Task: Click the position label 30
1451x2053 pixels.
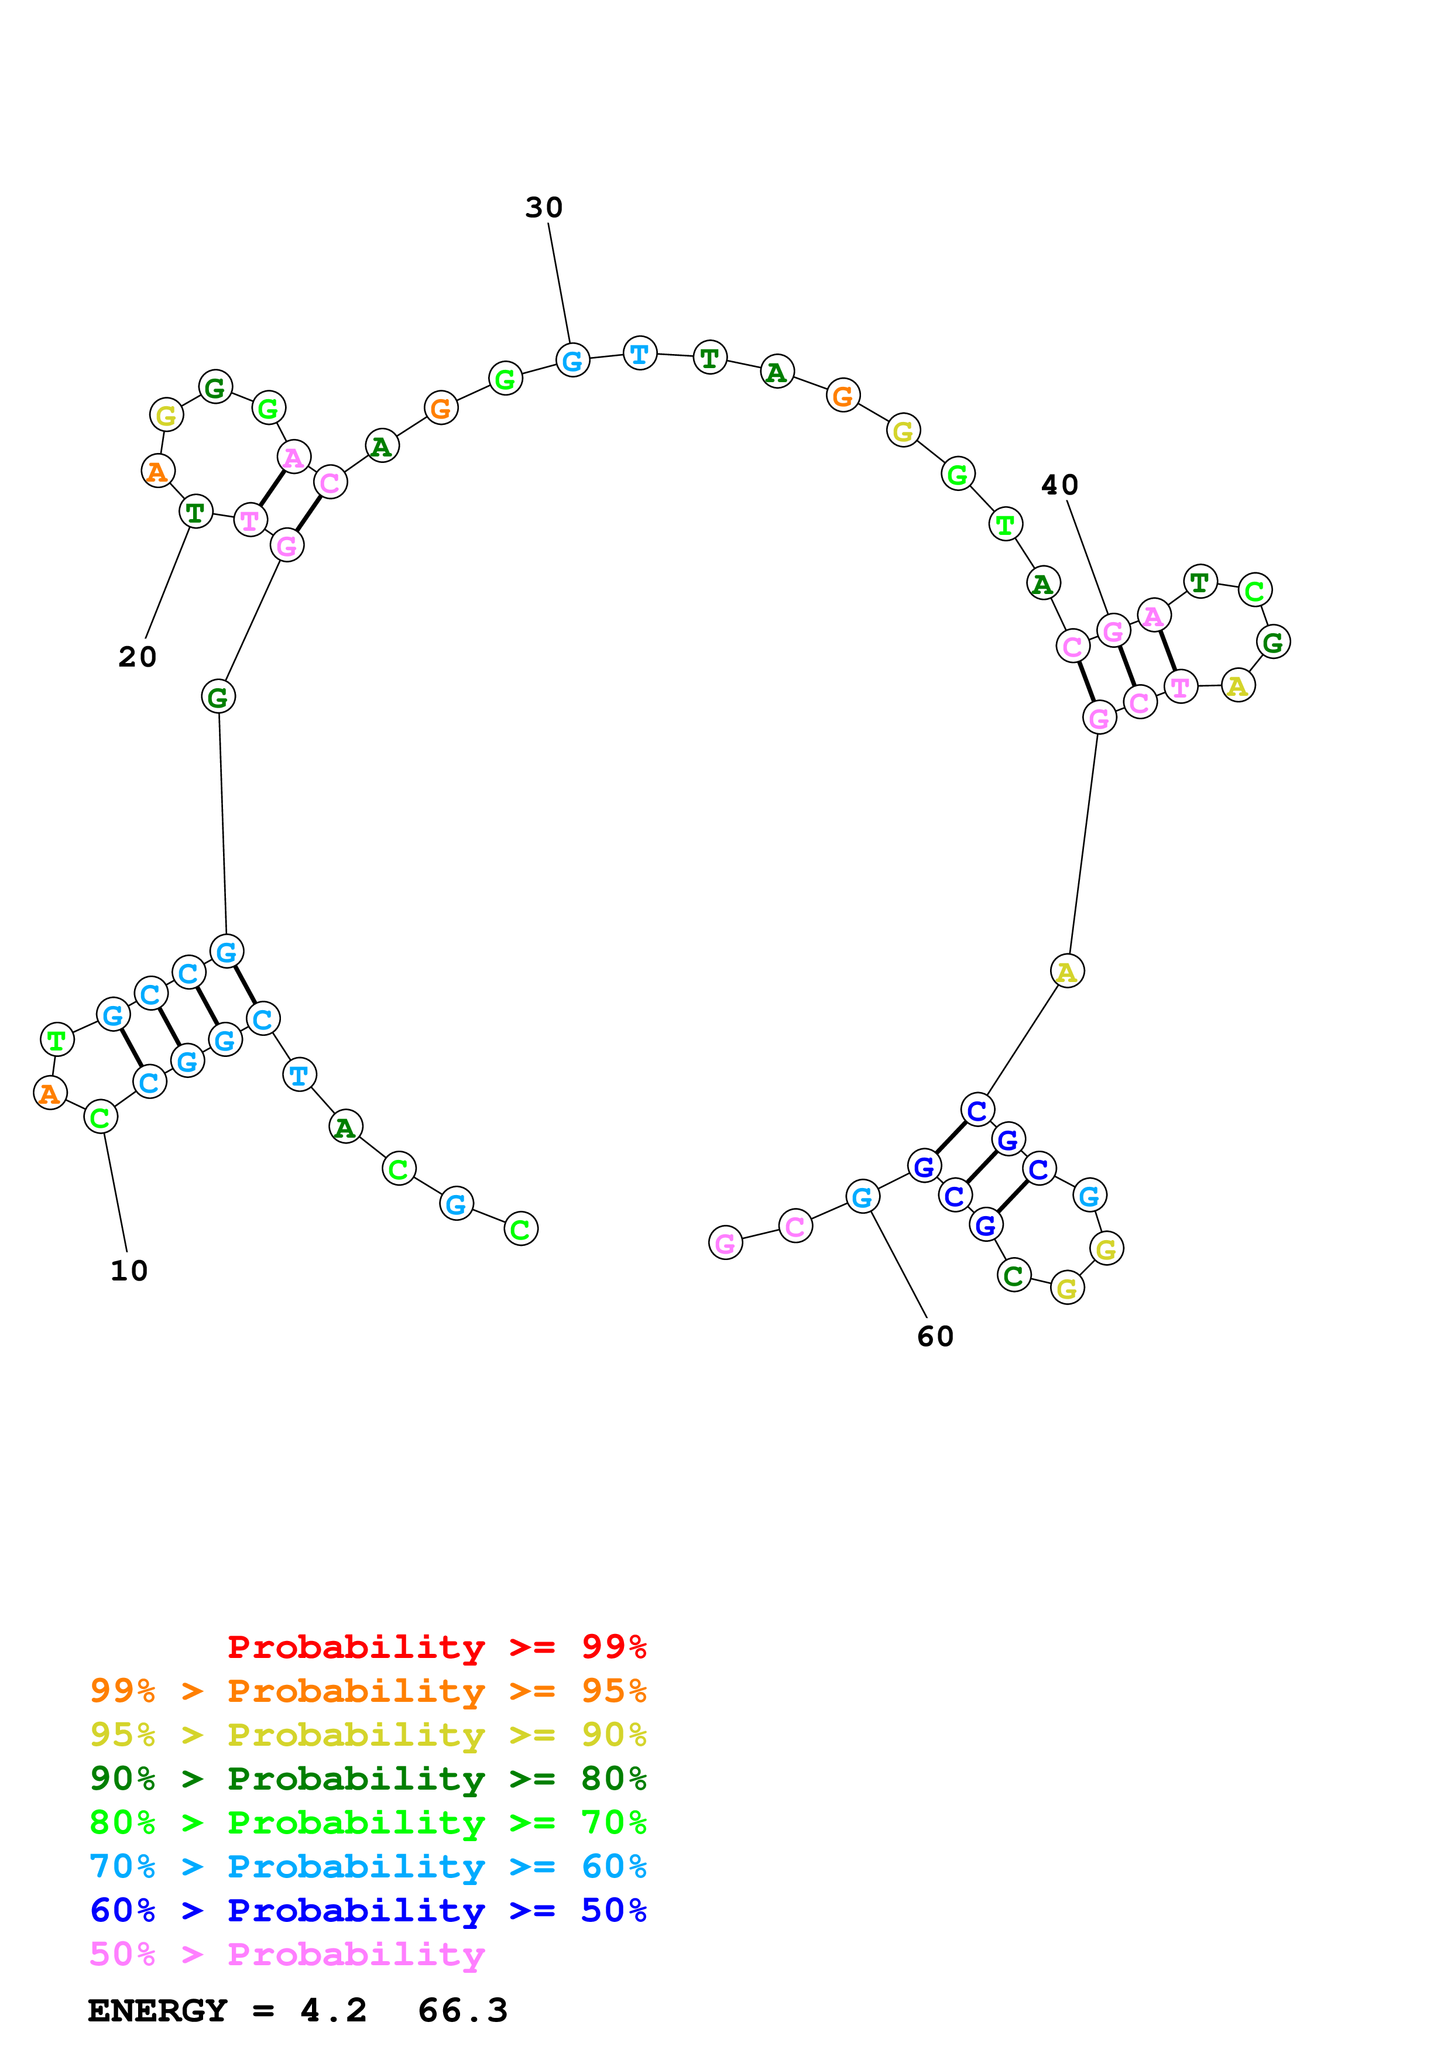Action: [x=544, y=207]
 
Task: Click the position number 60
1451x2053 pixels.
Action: [x=935, y=1336]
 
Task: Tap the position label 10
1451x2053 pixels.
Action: [x=129, y=1271]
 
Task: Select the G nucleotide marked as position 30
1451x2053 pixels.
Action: [x=572, y=361]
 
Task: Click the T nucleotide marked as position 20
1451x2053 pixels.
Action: [x=196, y=512]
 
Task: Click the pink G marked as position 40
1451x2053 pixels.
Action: [x=1113, y=631]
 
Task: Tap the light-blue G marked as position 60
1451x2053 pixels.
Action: [x=862, y=1196]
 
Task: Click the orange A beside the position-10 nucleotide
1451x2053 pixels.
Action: [x=50, y=1092]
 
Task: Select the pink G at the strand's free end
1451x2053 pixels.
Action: [x=725, y=1242]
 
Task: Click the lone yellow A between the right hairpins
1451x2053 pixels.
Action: [x=1066, y=971]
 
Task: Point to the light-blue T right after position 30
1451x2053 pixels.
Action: [x=639, y=353]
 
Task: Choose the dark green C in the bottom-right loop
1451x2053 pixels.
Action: [x=1013, y=1275]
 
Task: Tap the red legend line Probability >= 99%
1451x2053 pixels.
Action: [x=436, y=1647]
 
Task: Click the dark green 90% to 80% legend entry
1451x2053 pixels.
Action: [x=368, y=1779]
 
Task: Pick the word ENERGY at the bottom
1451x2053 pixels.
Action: [x=157, y=2010]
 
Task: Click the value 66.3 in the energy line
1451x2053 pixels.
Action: [x=462, y=2010]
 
